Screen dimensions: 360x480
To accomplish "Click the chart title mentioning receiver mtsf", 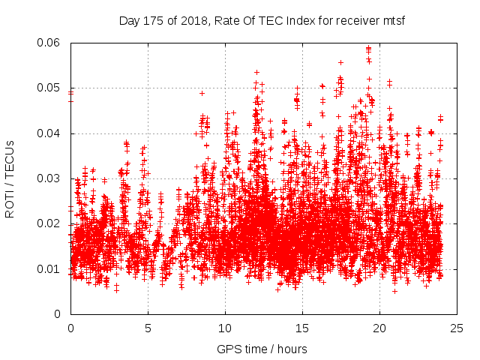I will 262,20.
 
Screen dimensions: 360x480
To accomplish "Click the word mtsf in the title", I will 390,20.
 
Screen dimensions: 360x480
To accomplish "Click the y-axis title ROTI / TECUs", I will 10,178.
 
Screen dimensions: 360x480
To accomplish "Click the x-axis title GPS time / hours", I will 262,349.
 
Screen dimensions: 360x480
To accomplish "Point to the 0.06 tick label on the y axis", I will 50,43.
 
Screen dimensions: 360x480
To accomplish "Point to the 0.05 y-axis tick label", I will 50,88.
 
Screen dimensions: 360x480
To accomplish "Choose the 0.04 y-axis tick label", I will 50,133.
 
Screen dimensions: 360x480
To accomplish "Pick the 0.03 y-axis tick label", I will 50,178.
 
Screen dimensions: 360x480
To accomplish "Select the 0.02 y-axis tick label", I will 50,223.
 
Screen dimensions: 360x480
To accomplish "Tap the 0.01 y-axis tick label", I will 50,269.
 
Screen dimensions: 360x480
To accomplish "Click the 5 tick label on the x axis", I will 148,328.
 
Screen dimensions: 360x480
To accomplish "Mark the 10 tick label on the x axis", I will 225,328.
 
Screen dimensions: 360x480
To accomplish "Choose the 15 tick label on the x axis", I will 302,328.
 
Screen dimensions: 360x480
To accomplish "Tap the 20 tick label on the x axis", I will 379,328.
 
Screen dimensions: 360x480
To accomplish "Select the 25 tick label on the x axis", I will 457,328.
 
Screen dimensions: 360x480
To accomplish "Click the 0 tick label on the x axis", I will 70,328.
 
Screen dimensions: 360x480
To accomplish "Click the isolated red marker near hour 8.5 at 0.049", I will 202,93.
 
